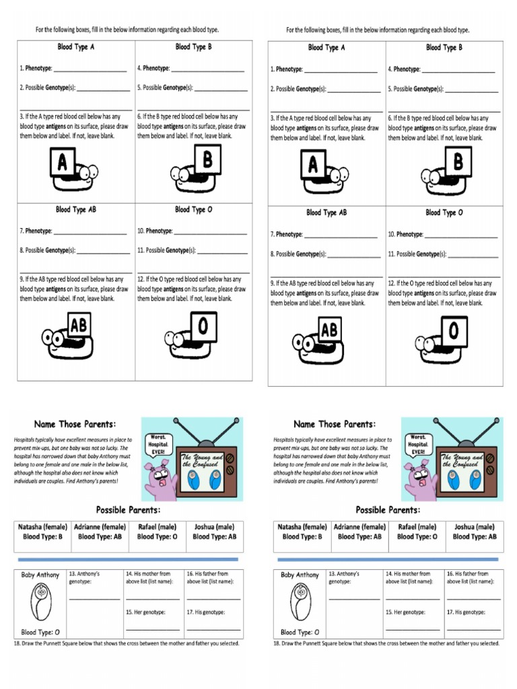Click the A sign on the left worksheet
pos(63,162)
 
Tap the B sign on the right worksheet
pos(458,161)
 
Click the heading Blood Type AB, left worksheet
pos(76,209)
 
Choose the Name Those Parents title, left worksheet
pos(75,424)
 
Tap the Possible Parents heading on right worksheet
pos(388,509)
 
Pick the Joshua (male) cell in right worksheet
pos(474,532)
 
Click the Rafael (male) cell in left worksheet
pos(157,532)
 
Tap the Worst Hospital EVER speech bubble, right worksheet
pos(418,445)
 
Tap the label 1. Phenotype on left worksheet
pos(36,69)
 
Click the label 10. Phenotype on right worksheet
pos(405,234)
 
